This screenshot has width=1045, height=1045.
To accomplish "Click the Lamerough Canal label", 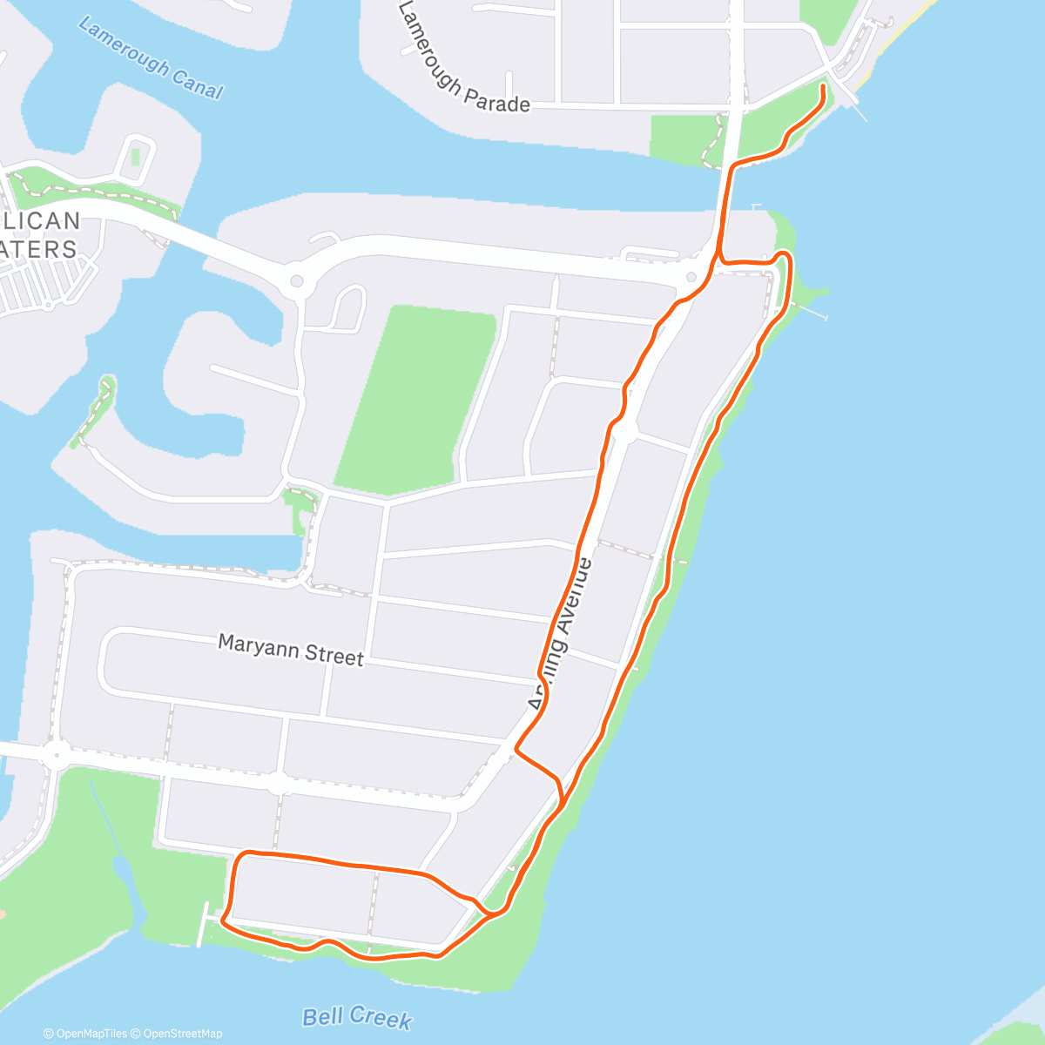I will point(150,58).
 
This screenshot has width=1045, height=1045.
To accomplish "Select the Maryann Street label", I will point(290,650).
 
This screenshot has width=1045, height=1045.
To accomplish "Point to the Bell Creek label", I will point(357,1017).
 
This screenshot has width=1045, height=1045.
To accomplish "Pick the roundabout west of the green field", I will point(297,280).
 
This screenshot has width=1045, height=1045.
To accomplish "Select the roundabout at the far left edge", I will point(55,753).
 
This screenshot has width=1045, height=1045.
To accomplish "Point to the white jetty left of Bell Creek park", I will point(203,925).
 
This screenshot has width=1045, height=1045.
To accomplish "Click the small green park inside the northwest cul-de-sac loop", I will point(135,158).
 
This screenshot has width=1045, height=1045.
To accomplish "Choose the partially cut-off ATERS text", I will point(39,249).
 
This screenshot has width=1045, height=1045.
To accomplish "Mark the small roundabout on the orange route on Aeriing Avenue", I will point(624,430).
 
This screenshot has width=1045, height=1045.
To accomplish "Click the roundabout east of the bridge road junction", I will point(691,277).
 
